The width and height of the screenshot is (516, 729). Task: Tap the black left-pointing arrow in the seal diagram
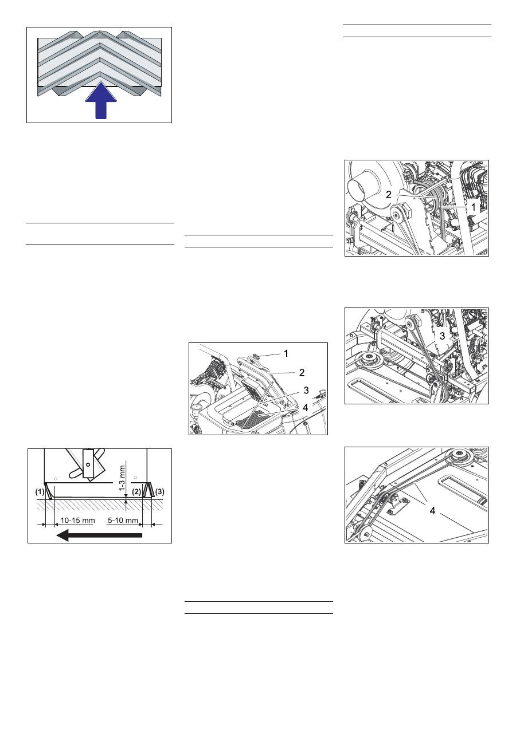[x=99, y=535]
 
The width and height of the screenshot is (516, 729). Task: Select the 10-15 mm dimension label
[x=77, y=521]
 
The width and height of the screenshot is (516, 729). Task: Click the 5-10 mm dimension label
[x=123, y=521]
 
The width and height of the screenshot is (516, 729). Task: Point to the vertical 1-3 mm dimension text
[x=122, y=478]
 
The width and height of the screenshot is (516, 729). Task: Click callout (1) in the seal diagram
[x=40, y=492]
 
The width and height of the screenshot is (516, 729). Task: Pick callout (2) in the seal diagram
[x=137, y=492]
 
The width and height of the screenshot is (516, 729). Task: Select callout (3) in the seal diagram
[x=159, y=492]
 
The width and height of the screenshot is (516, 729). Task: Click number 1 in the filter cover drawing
[x=286, y=353]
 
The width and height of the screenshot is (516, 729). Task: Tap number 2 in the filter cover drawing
[x=302, y=373]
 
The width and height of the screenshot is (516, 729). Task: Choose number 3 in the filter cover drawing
[x=306, y=390]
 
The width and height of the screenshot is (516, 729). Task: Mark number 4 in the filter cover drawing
[x=305, y=407]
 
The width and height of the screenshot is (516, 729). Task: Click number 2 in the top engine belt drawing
[x=389, y=195]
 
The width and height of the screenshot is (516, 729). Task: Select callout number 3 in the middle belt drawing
[x=442, y=336]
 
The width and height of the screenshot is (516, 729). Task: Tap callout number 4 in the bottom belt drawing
[x=432, y=511]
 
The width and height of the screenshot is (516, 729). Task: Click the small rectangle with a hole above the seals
[x=88, y=464]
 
